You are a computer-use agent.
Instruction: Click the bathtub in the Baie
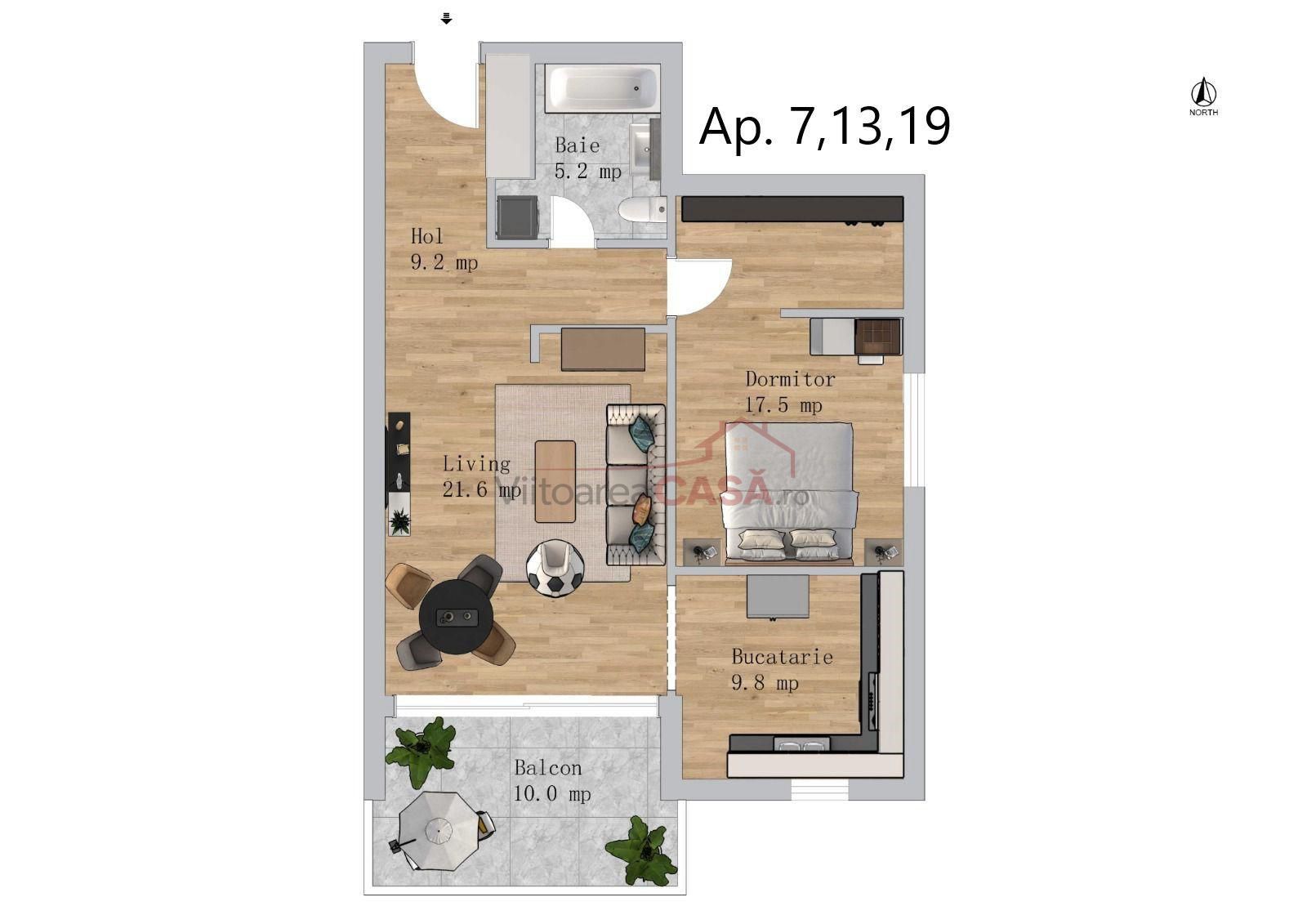point(603,89)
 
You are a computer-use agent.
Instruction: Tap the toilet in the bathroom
point(642,209)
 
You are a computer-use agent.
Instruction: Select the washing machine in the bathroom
point(517,216)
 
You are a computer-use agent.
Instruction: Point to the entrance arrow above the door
point(446,19)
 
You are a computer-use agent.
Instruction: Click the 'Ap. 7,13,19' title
point(824,127)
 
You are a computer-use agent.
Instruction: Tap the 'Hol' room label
point(427,236)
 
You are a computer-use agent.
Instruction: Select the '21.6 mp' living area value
point(482,489)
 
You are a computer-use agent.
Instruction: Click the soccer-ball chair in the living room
point(555,569)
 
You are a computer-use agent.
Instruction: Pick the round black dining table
point(457,616)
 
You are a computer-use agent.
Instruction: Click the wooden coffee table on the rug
point(555,481)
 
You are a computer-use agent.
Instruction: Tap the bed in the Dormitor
point(789,493)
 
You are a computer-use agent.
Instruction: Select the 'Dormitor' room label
point(791,379)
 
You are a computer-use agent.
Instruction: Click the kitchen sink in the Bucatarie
point(801,745)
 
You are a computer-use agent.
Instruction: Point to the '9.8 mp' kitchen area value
point(765,682)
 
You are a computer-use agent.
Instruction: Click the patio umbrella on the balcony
point(438,830)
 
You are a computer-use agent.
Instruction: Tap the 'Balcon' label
point(548,768)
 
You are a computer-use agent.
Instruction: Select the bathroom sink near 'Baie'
point(645,150)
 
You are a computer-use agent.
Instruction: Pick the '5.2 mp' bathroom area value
point(588,172)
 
